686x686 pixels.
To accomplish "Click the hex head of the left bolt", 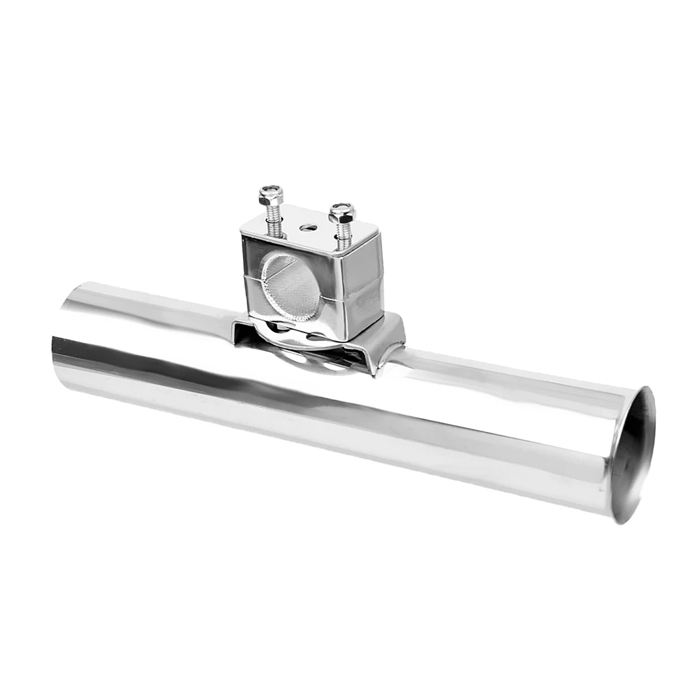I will pos(271,196).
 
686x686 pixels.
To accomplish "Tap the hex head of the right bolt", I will pos(342,214).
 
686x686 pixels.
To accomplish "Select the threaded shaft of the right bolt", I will pos(344,235).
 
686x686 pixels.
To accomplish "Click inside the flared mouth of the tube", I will pos(633,456).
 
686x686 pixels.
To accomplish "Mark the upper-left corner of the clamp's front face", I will pos(245,236).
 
